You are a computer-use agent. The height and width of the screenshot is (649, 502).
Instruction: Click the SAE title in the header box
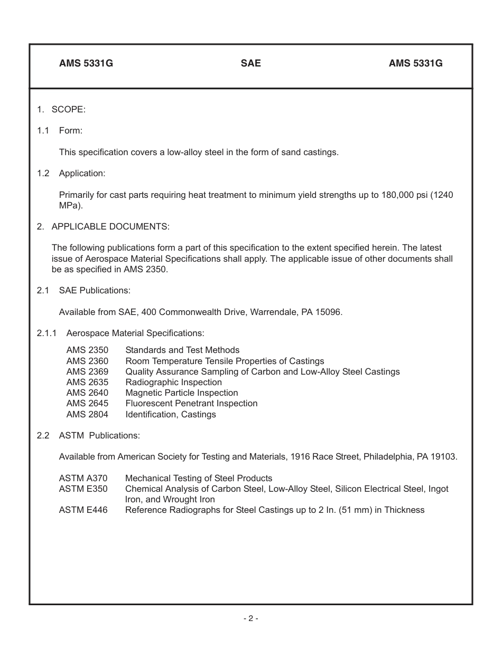click(x=250, y=63)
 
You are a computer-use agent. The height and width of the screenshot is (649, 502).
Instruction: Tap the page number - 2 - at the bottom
click(x=250, y=618)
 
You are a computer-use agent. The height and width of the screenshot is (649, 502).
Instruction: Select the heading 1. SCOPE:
click(x=61, y=109)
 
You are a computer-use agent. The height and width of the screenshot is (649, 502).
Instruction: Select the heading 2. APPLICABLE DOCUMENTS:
click(x=103, y=226)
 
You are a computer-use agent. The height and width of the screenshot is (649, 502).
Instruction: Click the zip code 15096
click(x=329, y=312)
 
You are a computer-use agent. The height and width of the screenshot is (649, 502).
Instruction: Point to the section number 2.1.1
click(x=47, y=333)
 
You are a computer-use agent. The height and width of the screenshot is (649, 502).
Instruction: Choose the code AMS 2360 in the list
click(x=87, y=361)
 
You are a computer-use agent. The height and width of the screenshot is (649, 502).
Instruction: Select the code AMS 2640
click(x=87, y=393)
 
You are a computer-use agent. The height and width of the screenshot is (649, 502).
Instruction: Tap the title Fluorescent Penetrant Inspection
click(x=191, y=403)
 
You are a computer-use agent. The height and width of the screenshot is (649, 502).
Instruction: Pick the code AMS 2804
click(x=87, y=414)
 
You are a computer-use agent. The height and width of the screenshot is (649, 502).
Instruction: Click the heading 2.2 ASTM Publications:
click(x=88, y=435)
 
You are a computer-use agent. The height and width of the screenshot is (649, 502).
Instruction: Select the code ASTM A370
click(x=83, y=478)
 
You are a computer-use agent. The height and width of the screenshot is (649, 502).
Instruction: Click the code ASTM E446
click(x=83, y=510)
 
